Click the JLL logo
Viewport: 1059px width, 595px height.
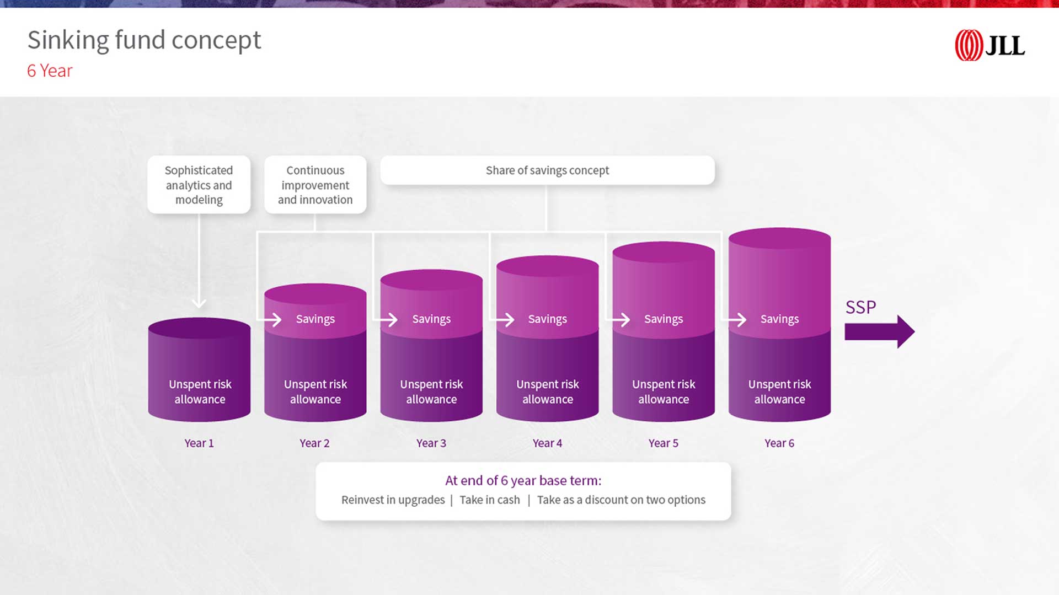(990, 45)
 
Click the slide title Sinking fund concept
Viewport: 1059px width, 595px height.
(144, 41)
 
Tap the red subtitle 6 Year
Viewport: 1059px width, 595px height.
(50, 71)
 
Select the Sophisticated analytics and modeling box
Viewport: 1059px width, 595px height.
(199, 185)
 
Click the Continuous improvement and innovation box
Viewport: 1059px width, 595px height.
(315, 185)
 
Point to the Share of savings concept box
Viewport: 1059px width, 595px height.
(547, 170)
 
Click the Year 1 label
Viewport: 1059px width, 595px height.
(199, 443)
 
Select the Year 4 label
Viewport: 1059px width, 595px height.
(547, 443)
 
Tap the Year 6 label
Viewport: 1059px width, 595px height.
(779, 443)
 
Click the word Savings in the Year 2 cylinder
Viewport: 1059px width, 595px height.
(315, 319)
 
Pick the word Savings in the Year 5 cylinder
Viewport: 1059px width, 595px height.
(664, 319)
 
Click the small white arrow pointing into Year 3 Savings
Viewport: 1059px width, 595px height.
(386, 319)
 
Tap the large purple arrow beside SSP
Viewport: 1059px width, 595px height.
(879, 331)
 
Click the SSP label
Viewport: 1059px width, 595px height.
(860, 307)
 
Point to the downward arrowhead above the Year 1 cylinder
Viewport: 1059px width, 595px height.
(199, 303)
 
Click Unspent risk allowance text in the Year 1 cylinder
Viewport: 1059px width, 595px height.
(200, 392)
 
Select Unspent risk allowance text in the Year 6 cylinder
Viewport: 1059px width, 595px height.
(779, 392)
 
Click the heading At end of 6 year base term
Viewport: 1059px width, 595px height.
(523, 480)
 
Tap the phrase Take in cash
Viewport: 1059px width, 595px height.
(490, 500)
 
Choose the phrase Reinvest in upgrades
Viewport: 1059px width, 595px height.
(393, 500)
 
